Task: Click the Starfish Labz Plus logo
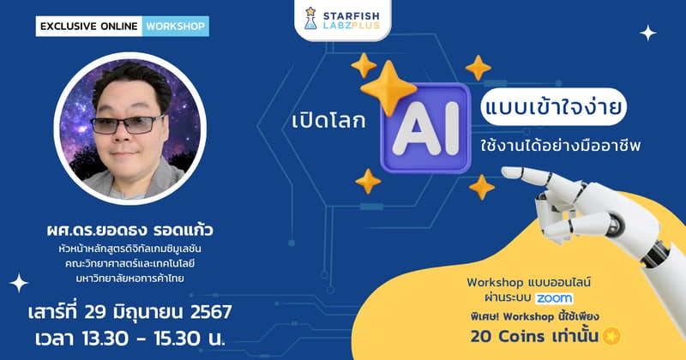click(x=346, y=20)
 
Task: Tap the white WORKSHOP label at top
click(x=176, y=26)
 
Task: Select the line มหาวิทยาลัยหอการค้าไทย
click(x=129, y=279)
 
